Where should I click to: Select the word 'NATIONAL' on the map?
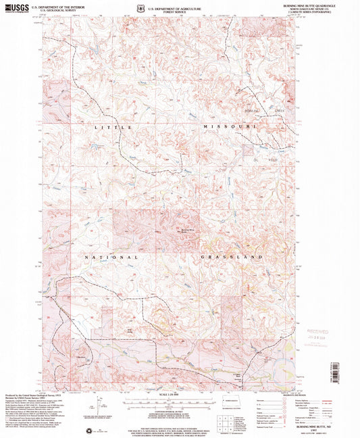click(111, 258)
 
